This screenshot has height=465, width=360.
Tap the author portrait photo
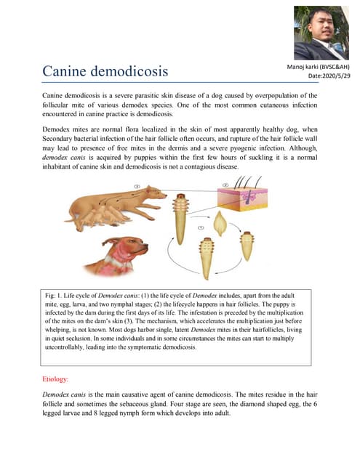tap(321, 33)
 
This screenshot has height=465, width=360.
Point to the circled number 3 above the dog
tap(137, 186)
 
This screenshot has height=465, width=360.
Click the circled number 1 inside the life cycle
tap(203, 227)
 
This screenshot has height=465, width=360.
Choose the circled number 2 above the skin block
tap(226, 185)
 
